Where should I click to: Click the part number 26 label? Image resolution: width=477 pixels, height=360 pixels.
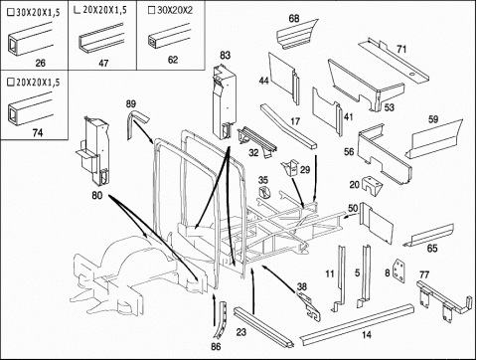click(40, 63)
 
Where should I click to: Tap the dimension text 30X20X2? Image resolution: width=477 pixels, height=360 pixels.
click(175, 10)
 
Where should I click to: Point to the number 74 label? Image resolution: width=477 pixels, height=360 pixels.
click(38, 132)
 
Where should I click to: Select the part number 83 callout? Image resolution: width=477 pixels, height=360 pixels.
click(225, 55)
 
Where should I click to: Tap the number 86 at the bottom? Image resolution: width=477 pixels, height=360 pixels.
click(216, 346)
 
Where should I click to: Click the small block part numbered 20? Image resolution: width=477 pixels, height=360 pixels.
click(372, 186)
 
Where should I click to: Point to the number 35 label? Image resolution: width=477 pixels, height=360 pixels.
click(263, 180)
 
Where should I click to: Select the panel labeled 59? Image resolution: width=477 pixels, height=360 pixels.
click(434, 139)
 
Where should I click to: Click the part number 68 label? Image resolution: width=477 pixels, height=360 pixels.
click(294, 19)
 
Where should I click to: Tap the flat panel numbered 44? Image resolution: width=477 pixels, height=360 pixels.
click(283, 78)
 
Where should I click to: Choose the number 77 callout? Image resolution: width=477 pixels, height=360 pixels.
click(424, 274)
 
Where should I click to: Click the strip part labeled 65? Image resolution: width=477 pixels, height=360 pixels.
click(428, 236)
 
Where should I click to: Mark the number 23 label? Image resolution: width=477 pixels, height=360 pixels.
click(241, 332)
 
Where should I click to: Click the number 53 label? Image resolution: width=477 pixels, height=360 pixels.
click(389, 107)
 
